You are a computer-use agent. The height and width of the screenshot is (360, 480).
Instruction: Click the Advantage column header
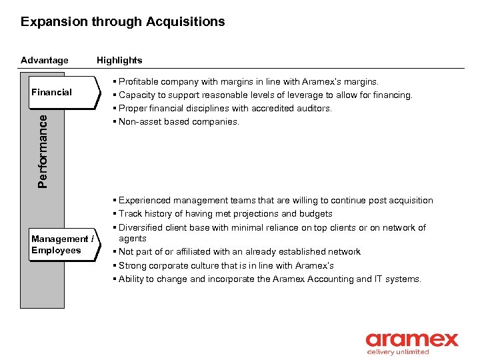coord(45,60)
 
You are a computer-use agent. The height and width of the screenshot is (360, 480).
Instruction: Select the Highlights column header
coord(119,60)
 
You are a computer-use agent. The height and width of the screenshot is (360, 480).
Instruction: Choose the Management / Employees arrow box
coord(63,245)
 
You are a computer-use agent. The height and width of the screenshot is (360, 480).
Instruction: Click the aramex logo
coord(411,339)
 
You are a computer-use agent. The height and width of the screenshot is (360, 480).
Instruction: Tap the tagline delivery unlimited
coord(398,352)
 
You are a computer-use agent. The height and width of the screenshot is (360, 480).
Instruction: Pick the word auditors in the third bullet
coord(314,109)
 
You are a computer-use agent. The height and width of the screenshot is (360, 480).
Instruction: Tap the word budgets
coord(316,214)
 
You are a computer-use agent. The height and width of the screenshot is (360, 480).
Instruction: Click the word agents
coord(133,238)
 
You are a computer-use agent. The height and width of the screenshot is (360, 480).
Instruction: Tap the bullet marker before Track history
coord(115,214)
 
